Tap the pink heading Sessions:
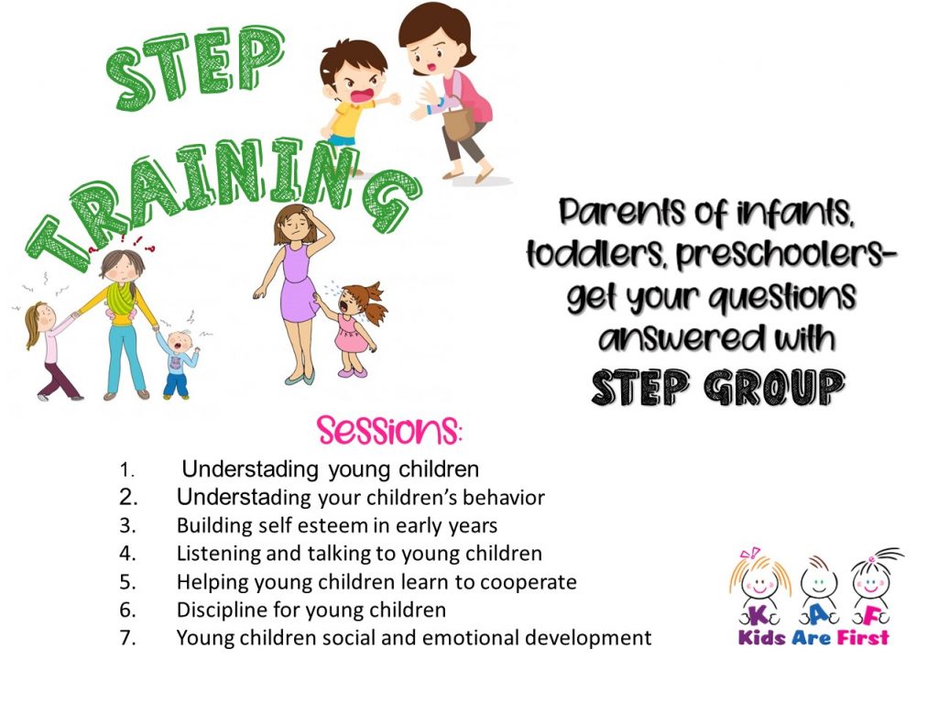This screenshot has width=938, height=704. click(x=389, y=431)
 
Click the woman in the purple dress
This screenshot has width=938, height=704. click(x=294, y=293)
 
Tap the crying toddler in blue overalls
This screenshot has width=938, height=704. click(x=178, y=364)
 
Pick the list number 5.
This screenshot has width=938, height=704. click(x=127, y=582)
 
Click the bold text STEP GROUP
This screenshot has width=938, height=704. click(x=718, y=388)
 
